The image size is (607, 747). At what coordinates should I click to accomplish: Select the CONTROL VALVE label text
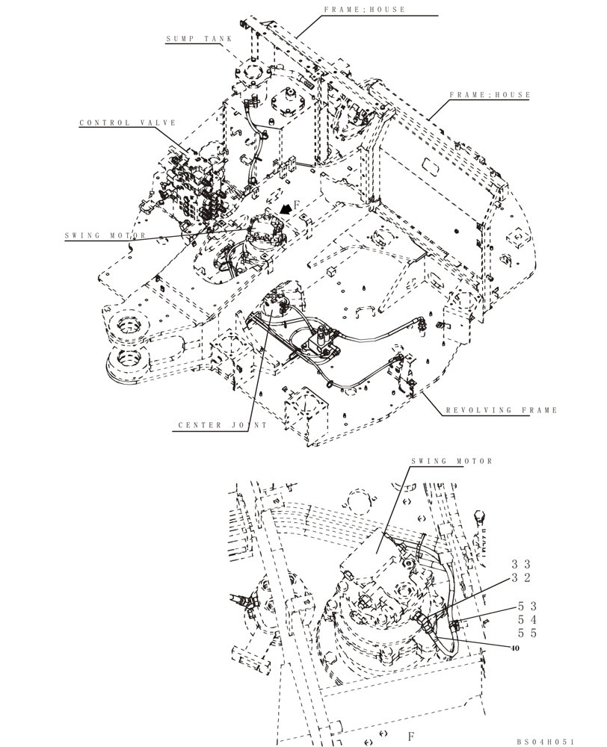(x=128, y=123)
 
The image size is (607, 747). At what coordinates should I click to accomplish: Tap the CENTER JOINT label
(x=211, y=426)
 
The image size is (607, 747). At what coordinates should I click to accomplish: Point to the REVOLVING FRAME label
(x=501, y=410)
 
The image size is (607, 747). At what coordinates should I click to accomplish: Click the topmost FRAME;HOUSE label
(x=365, y=10)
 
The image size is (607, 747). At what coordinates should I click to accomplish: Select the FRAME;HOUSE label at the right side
(x=490, y=96)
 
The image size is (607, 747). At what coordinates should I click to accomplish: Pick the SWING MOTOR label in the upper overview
(x=105, y=236)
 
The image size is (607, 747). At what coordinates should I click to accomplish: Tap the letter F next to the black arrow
(x=297, y=204)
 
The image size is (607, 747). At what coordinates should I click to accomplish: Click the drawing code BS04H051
(x=545, y=741)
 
